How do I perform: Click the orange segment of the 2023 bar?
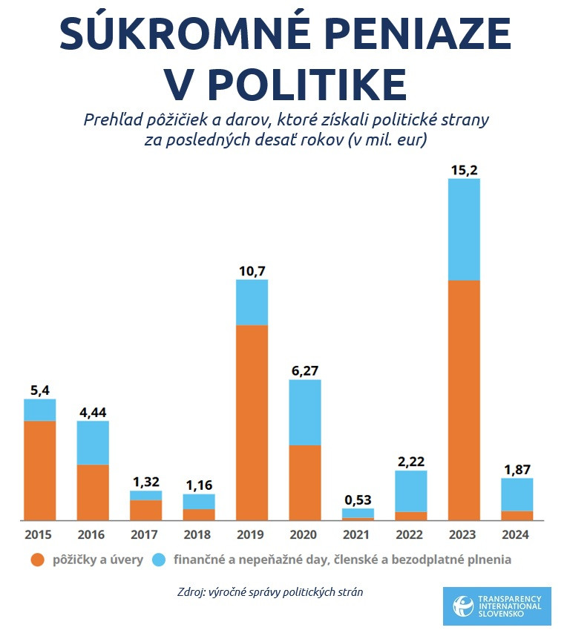pyautogui.click(x=464, y=400)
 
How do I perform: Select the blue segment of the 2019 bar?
pyautogui.click(x=252, y=303)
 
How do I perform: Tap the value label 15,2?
pyautogui.click(x=464, y=170)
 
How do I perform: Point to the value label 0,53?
pyautogui.click(x=358, y=499)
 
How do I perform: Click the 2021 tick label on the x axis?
pyautogui.click(x=358, y=534)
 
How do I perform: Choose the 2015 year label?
pyautogui.click(x=39, y=534)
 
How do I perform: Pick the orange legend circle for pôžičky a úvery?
pyautogui.click(x=36, y=560)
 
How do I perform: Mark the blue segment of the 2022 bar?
pyautogui.click(x=411, y=491)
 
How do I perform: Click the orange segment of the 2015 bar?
pyautogui.click(x=39, y=471)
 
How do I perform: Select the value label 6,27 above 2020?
pyautogui.click(x=304, y=370)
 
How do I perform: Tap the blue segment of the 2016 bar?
pyautogui.click(x=93, y=443)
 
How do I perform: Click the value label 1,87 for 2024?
pyautogui.click(x=517, y=469)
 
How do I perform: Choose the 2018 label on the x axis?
pyautogui.click(x=198, y=534)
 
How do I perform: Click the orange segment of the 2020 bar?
pyautogui.click(x=304, y=482)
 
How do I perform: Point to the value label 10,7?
pyautogui.click(x=252, y=271)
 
